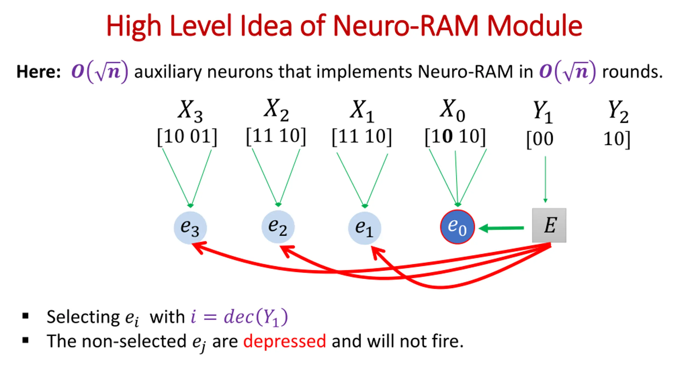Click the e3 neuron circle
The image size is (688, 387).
point(190,228)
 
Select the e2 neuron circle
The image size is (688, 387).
point(278,227)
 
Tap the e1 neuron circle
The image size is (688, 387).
point(364,228)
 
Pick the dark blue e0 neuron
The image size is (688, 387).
point(457,227)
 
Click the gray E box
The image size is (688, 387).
point(549,225)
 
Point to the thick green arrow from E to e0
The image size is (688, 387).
point(501,228)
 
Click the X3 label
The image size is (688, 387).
point(190,111)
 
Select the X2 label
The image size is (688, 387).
point(276,110)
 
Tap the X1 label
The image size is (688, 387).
point(362,111)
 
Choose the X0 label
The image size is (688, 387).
point(453,110)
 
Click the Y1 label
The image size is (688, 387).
point(543,112)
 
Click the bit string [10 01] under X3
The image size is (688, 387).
point(187,137)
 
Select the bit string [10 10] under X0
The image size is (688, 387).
point(455,137)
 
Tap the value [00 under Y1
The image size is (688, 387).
point(540,139)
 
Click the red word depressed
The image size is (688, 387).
point(285,341)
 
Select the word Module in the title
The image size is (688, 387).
point(534,26)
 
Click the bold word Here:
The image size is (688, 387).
point(39,72)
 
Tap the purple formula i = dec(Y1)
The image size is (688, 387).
point(239,317)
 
